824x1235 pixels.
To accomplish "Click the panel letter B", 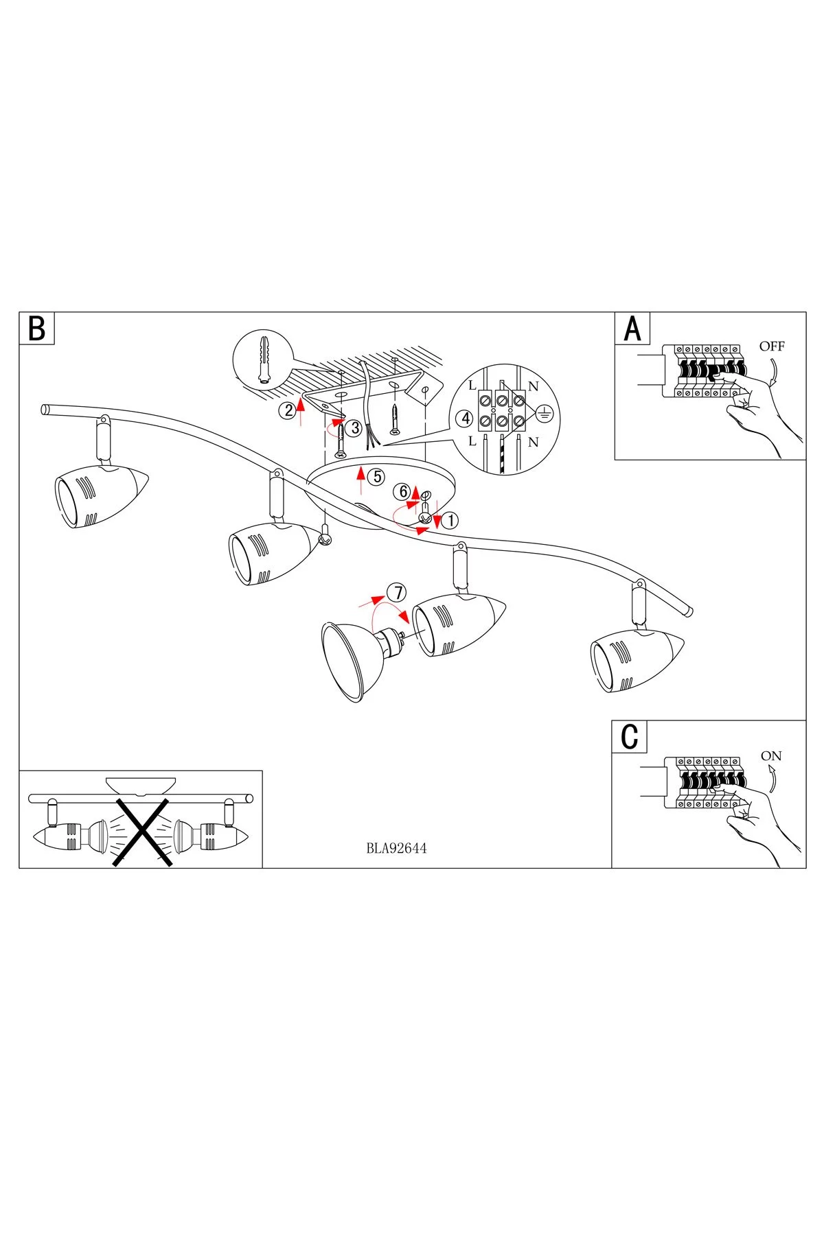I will click(x=37, y=329).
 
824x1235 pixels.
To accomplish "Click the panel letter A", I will click(x=632, y=329).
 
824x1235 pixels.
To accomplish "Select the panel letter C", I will click(x=629, y=737).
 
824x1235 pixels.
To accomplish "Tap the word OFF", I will click(x=772, y=346).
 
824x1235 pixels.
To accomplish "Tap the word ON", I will click(x=771, y=756).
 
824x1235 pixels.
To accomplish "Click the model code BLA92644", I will click(x=396, y=849).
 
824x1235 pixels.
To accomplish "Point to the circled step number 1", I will click(x=450, y=521).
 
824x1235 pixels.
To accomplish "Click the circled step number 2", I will click(x=287, y=410).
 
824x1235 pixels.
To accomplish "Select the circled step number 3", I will click(x=355, y=428).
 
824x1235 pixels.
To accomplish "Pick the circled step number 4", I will click(x=464, y=419).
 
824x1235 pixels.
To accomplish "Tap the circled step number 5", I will click(x=376, y=476).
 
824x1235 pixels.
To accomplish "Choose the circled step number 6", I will click(x=404, y=491).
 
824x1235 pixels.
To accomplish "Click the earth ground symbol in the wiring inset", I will click(x=544, y=413).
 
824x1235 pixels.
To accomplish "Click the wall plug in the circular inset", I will click(x=264, y=359).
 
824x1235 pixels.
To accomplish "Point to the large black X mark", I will click(x=142, y=832).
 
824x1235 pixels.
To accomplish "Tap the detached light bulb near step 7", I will click(x=357, y=657).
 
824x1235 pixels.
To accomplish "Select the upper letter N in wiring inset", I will click(x=534, y=386).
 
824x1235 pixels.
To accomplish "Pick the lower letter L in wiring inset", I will click(x=472, y=442).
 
